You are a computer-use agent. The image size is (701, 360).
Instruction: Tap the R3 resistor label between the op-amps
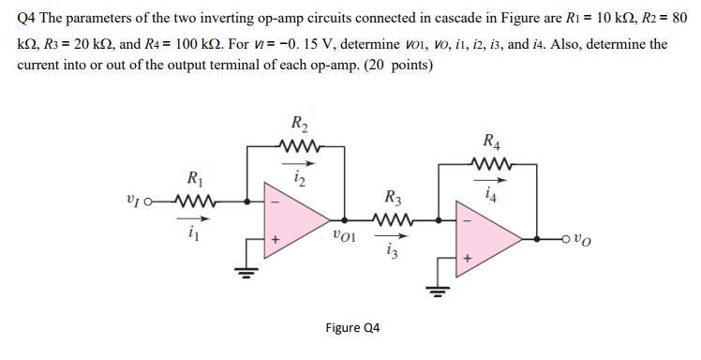[x=393, y=198]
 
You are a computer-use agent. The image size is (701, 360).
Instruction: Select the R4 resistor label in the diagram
[x=491, y=142]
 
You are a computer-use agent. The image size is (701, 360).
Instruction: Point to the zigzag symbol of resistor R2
[x=299, y=145]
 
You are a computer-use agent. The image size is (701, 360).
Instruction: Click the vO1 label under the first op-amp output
[x=343, y=233]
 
